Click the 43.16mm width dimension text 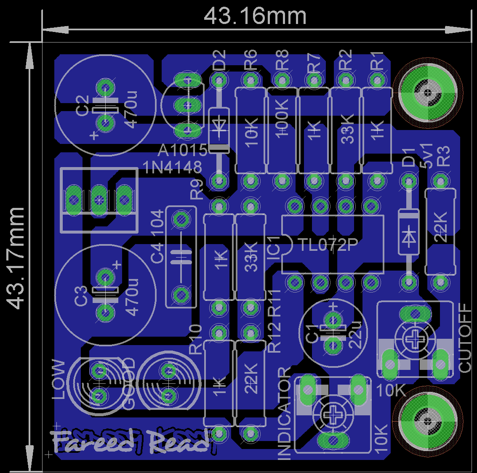pyautogui.click(x=255, y=17)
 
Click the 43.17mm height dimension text pyautogui.click(x=16, y=258)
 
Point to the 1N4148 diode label pyautogui.click(x=173, y=167)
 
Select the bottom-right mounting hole pyautogui.click(x=428, y=420)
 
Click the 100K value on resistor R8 pyautogui.click(x=282, y=118)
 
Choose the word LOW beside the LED pyautogui.click(x=59, y=379)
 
